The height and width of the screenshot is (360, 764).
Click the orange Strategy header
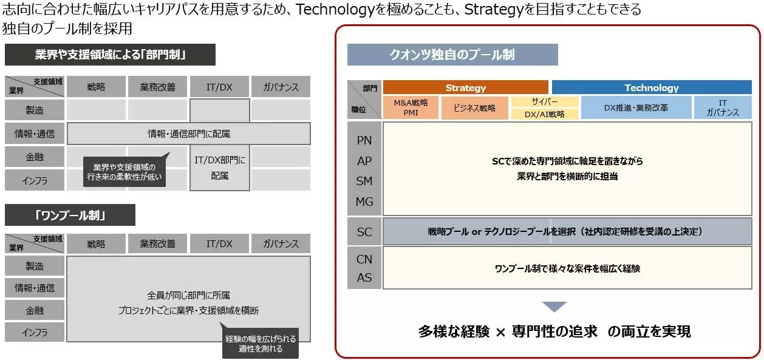(x=466, y=87)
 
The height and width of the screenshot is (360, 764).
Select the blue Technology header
(x=652, y=87)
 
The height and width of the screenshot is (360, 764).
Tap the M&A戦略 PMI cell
(x=411, y=107)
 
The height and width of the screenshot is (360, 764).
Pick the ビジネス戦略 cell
(x=474, y=107)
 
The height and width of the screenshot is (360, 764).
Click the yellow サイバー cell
(x=545, y=101)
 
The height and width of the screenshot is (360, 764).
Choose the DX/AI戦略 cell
(x=545, y=114)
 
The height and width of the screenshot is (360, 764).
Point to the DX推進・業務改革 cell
(x=636, y=107)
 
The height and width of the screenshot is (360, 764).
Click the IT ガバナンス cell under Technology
(x=723, y=107)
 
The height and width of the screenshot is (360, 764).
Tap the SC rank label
(x=364, y=232)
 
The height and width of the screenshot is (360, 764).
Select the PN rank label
(x=364, y=140)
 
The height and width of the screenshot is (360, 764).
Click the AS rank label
(x=364, y=277)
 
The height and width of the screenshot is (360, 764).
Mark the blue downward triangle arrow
(x=554, y=307)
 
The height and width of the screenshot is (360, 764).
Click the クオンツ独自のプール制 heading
(x=452, y=55)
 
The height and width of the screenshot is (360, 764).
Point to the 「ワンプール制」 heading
(x=70, y=215)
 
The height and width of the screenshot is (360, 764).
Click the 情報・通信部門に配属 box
(x=189, y=134)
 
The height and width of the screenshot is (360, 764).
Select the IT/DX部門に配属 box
(x=220, y=168)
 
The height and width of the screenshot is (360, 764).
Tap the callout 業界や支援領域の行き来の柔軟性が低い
(x=124, y=171)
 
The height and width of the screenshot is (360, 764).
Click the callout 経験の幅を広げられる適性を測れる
(x=261, y=343)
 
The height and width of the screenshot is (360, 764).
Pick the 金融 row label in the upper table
(x=35, y=157)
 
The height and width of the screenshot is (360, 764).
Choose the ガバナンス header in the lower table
(x=281, y=244)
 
